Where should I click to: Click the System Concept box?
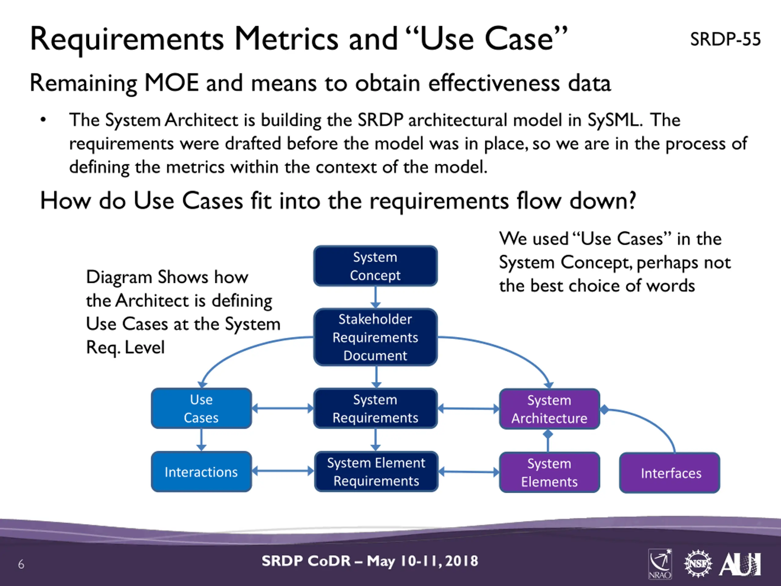pyautogui.click(x=375, y=266)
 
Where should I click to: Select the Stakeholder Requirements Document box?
pyautogui.click(x=375, y=337)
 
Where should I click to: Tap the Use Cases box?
pyautogui.click(x=201, y=408)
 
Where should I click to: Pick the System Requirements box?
pyautogui.click(x=375, y=408)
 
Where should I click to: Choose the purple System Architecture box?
pyautogui.click(x=549, y=409)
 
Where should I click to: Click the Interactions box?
pyautogui.click(x=201, y=472)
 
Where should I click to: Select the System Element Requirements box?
pyautogui.click(x=376, y=472)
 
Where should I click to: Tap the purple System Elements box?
pyautogui.click(x=549, y=472)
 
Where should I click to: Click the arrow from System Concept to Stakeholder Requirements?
pyautogui.click(x=375, y=297)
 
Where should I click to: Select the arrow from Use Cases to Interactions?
pyautogui.click(x=201, y=440)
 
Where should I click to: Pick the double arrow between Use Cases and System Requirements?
pyautogui.click(x=283, y=408)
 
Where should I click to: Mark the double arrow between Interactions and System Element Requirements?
pyautogui.click(x=283, y=471)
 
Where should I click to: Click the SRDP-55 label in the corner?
pyautogui.click(x=725, y=39)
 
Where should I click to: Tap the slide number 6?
pyautogui.click(x=21, y=564)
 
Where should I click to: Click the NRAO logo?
pyautogui.click(x=660, y=564)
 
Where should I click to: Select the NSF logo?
pyautogui.click(x=698, y=564)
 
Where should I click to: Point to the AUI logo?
pyautogui.click(x=740, y=564)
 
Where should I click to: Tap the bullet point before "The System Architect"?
pyautogui.click(x=43, y=120)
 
